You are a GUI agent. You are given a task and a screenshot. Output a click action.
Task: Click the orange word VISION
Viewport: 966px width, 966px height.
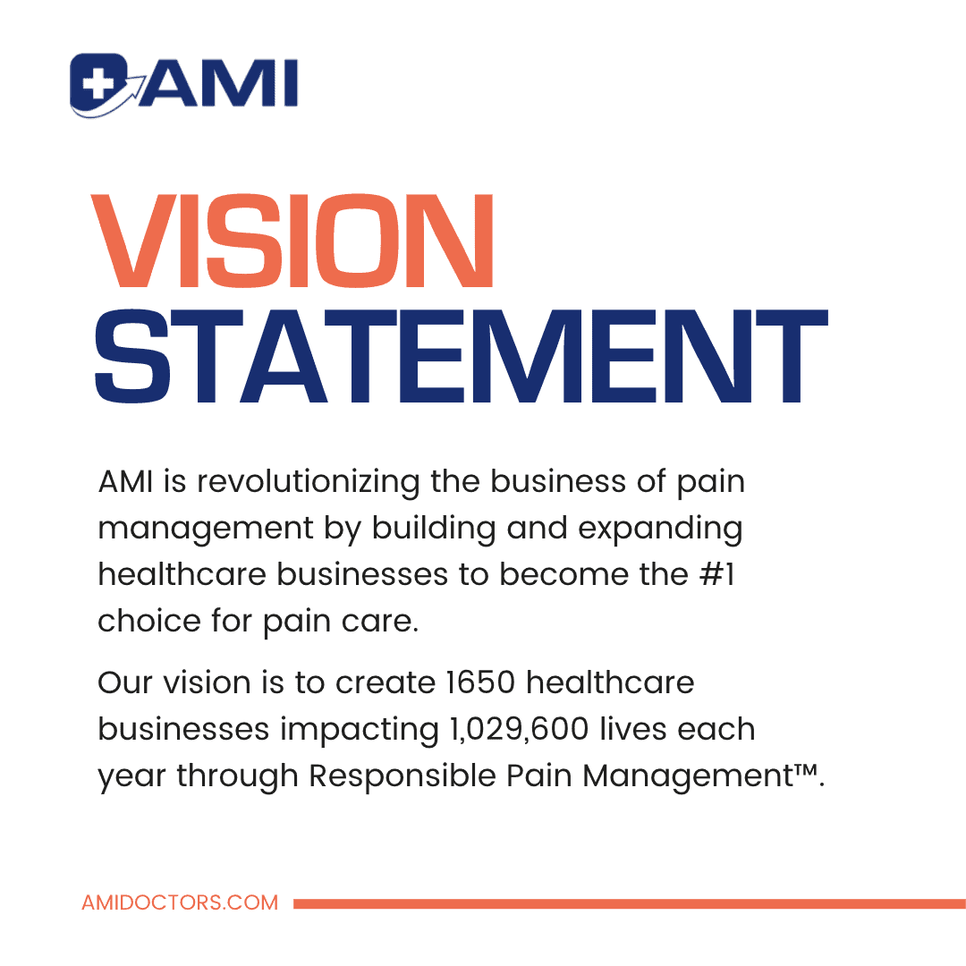[292, 241]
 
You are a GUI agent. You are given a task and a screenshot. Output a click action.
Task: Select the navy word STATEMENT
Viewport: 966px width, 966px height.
[461, 356]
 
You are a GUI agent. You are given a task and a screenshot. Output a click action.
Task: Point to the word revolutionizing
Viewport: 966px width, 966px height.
[308, 482]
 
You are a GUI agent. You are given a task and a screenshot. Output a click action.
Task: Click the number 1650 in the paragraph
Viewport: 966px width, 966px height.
[480, 682]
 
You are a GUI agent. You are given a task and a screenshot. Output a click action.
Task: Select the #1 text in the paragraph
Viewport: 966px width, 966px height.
[716, 574]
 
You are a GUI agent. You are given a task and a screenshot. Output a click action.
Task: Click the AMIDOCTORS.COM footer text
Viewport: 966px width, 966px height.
[180, 902]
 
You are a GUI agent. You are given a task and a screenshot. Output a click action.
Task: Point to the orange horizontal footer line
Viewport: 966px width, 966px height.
[630, 903]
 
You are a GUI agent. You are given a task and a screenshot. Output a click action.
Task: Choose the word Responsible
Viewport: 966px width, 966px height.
[402, 775]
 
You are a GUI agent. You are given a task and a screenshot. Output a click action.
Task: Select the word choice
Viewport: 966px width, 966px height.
[149, 621]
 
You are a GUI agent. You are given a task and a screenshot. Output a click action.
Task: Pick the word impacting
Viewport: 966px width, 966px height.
[360, 730]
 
